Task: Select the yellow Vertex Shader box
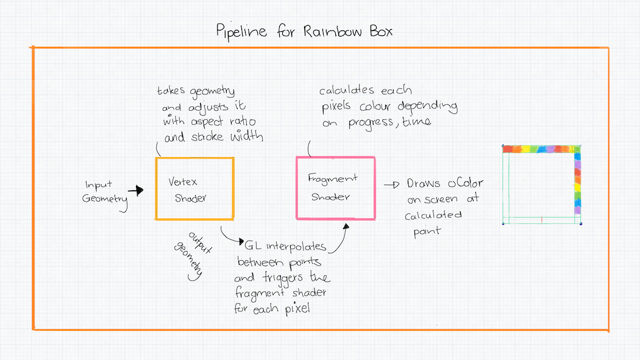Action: pyautogui.click(x=194, y=189)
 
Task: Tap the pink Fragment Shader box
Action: pyautogui.click(x=335, y=188)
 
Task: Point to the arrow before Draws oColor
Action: pyautogui.click(x=391, y=185)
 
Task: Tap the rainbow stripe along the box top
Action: pyautogui.click(x=539, y=149)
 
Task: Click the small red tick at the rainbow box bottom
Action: pyautogui.click(x=541, y=218)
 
